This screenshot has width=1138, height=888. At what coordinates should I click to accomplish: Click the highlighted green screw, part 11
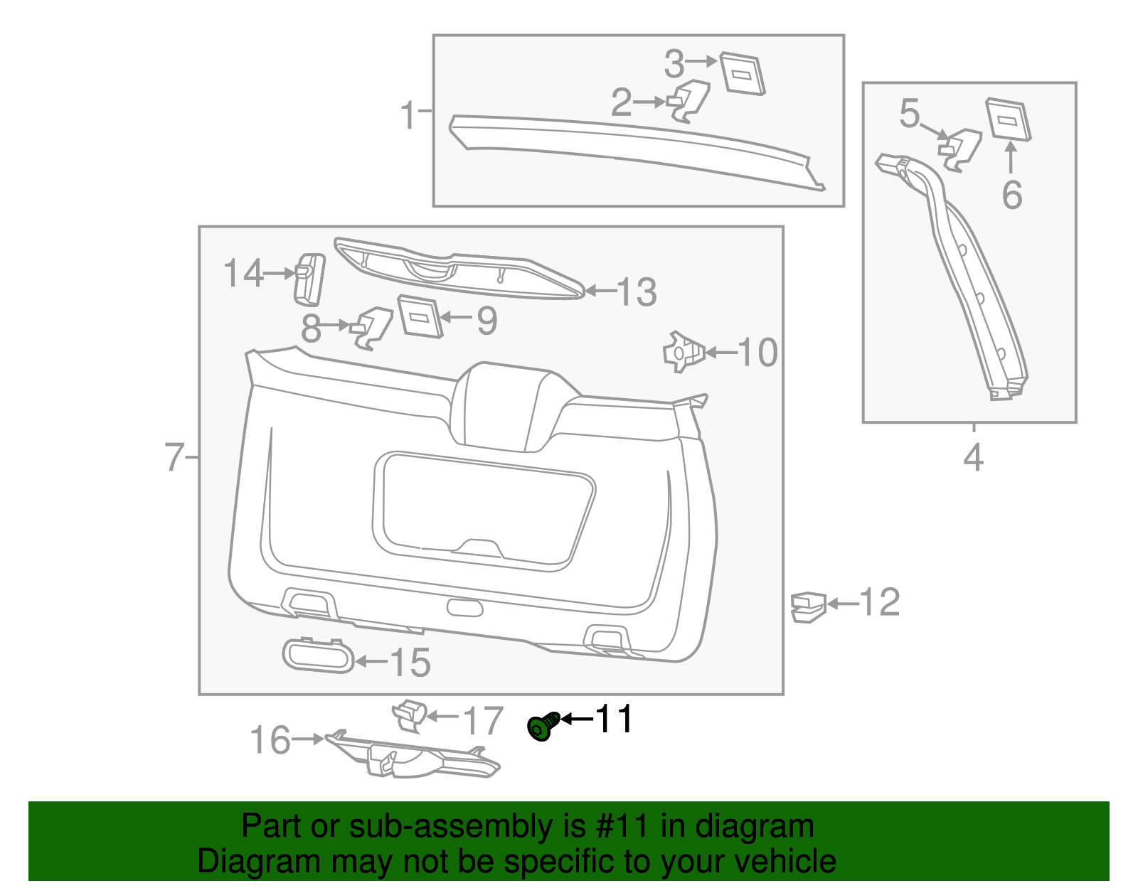coord(543,727)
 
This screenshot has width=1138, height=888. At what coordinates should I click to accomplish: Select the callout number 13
coord(637,291)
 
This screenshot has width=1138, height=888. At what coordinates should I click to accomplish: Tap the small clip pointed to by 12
coord(808,607)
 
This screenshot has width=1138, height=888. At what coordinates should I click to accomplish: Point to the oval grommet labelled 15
coord(318,656)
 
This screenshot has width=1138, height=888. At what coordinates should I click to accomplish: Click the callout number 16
coord(270,740)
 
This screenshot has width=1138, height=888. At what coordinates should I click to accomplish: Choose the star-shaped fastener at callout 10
coord(684,352)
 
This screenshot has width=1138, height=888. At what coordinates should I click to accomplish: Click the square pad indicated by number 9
coord(420,316)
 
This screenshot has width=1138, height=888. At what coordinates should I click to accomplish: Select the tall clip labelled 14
coord(309,279)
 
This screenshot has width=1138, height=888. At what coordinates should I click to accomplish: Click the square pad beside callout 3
coord(742,73)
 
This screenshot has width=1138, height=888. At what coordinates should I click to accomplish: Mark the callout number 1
coord(408,115)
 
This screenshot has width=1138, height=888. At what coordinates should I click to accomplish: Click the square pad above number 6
coord(1008,119)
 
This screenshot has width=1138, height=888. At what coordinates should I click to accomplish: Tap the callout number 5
coord(909,114)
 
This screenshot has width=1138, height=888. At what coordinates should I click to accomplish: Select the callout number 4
coord(973,458)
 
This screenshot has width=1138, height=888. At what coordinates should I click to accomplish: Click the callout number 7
coord(174,457)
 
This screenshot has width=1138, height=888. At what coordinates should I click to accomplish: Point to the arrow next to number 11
coord(577,719)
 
